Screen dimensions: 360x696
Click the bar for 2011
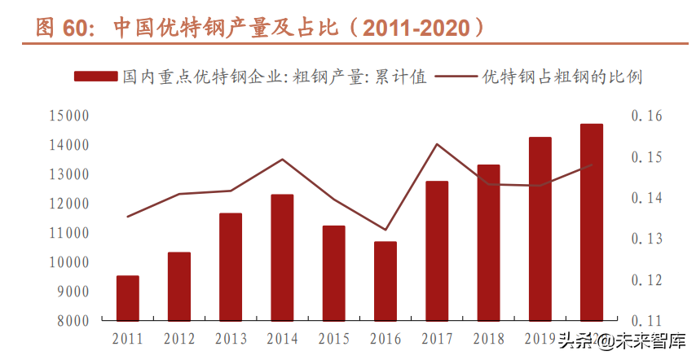click(x=127, y=298)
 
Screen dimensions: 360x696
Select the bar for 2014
click(x=282, y=257)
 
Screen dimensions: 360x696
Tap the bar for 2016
click(x=385, y=281)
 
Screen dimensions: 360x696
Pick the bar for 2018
click(x=488, y=243)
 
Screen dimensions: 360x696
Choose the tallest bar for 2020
click(x=591, y=222)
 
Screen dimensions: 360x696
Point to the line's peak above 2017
click(x=437, y=144)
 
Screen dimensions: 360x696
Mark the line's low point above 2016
click(x=385, y=230)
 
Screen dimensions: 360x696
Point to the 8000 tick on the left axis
click(x=72, y=321)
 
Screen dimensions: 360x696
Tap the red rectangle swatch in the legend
click(x=95, y=77)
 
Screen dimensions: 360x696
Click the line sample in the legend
click(x=456, y=77)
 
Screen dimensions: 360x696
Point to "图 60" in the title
click(x=60, y=28)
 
